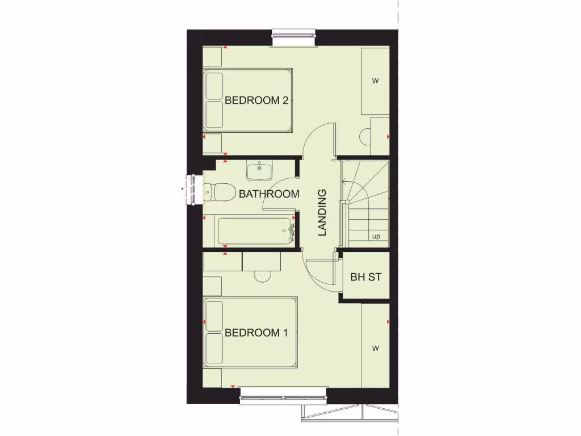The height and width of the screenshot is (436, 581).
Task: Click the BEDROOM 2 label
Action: (257, 101)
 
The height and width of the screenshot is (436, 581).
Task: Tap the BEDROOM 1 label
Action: (256, 333)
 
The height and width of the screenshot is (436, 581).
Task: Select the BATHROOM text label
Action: (269, 194)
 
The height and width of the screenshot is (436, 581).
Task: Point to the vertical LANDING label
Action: (322, 212)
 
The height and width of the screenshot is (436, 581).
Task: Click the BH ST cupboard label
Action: (366, 278)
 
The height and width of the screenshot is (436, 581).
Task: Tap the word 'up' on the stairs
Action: (376, 237)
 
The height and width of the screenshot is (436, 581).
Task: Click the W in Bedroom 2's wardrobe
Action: (375, 81)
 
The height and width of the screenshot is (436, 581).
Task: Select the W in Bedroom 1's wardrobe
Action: (375, 348)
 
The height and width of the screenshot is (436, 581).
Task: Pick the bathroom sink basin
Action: (259, 169)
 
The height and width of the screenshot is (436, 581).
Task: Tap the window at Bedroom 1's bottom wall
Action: (283, 396)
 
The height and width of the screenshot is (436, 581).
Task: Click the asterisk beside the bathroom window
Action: (183, 188)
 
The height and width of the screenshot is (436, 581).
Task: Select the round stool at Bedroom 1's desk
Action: (263, 276)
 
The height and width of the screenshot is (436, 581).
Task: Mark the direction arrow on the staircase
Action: (345, 182)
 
